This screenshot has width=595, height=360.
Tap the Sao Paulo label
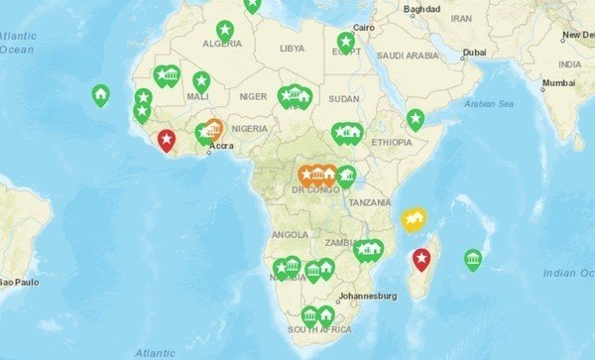tap(17, 282)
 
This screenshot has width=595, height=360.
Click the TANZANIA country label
tap(369, 201)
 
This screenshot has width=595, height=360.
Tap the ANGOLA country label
tap(290, 235)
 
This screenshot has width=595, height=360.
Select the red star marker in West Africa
tap(167, 140)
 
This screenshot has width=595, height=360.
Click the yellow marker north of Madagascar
tap(412, 217)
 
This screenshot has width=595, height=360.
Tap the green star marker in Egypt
tap(345, 42)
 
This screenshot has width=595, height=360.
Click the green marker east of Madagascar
tap(473, 259)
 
